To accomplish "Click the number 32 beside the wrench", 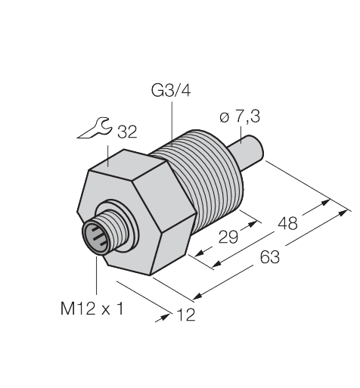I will point(126,133).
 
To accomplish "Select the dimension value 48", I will point(287,224).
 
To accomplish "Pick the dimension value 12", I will point(185,315).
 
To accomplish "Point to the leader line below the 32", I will point(115,146).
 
